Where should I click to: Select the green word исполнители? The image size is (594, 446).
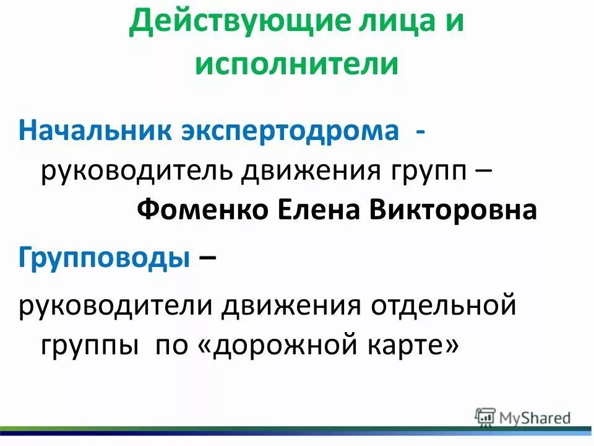[296, 64]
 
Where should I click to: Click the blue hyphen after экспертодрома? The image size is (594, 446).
[421, 131]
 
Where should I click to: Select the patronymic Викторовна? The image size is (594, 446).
[454, 211]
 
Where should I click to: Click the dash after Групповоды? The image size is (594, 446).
[208, 256]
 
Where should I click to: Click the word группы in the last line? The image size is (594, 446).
[89, 344]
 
